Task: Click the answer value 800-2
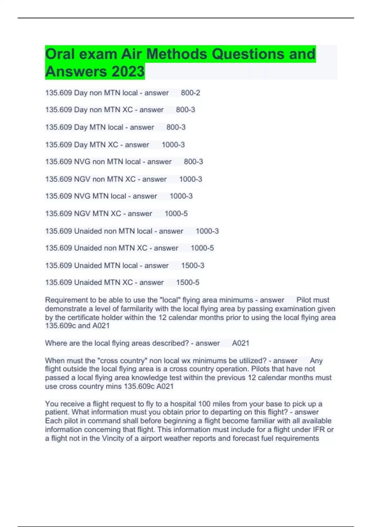(x=190, y=93)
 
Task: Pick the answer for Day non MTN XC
(x=185, y=110)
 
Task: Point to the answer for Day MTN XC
(x=173, y=145)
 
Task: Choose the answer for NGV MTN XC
(x=176, y=214)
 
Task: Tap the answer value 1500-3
(x=193, y=266)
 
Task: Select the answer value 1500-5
(x=188, y=282)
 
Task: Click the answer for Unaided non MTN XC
(x=202, y=248)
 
